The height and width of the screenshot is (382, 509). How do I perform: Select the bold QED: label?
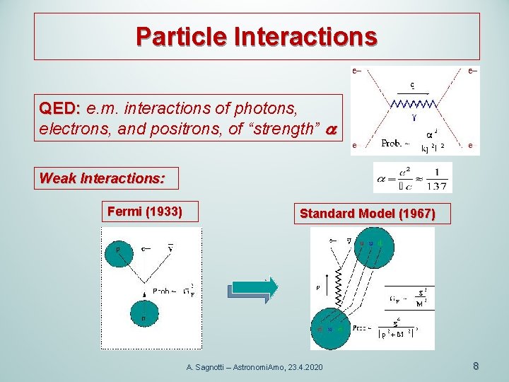click(x=60, y=109)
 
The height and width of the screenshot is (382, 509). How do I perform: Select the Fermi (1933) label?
click(x=145, y=211)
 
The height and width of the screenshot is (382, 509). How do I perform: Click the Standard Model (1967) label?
click(x=368, y=213)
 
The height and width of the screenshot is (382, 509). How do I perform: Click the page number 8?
click(x=476, y=366)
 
